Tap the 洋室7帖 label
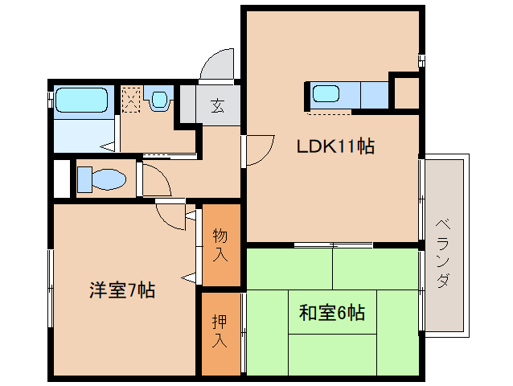tap(121, 290)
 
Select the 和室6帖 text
tap(331, 312)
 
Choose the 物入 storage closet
tap(220, 245)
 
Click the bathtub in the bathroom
tap(81, 101)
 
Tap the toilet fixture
tap(101, 179)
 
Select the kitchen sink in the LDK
tap(326, 94)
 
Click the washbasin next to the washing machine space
tap(159, 100)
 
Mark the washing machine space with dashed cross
tap(131, 100)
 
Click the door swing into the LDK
tap(257, 151)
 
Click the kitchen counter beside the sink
tap(374, 95)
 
